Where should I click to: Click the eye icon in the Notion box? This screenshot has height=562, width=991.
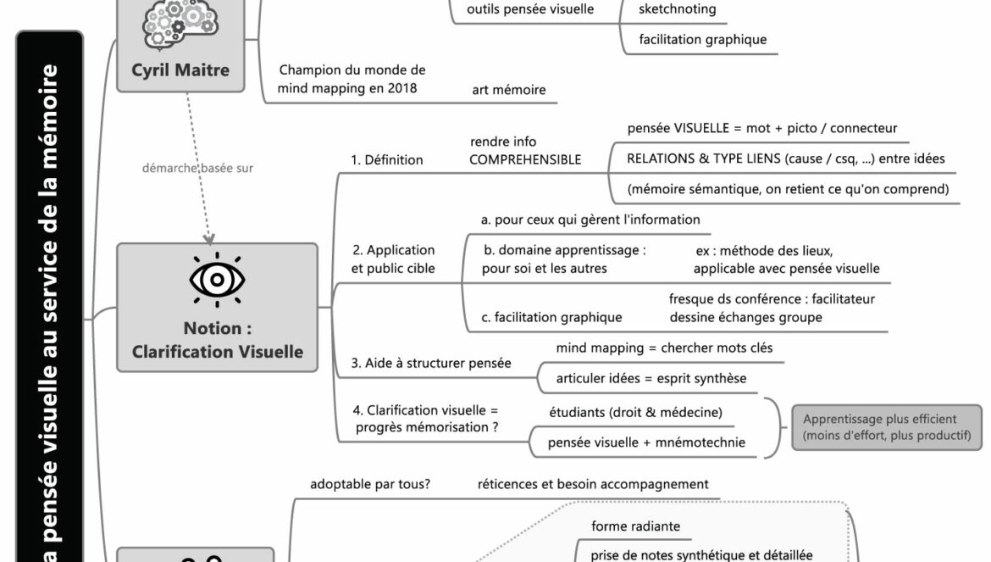(216, 279)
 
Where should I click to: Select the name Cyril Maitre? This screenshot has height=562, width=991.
(180, 70)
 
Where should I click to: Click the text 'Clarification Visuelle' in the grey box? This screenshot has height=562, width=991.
(218, 351)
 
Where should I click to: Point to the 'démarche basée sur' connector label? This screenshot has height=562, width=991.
(197, 168)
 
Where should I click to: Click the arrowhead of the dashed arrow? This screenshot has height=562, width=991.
(209, 238)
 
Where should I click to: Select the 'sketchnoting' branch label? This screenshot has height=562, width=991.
(678, 9)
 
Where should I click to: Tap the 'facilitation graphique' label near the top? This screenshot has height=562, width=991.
(702, 39)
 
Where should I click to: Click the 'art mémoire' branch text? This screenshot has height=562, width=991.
(508, 90)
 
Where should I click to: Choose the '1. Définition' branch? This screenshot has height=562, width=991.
(387, 159)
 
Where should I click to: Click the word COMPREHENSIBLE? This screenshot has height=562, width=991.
(525, 159)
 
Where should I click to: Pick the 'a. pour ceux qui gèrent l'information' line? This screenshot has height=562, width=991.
(590, 220)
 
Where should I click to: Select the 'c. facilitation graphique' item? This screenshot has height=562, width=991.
(551, 318)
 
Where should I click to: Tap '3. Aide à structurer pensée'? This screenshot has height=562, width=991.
(431, 363)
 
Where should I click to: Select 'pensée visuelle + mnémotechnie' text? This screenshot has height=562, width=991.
(646, 442)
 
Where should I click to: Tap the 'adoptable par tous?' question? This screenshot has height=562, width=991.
(370, 485)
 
